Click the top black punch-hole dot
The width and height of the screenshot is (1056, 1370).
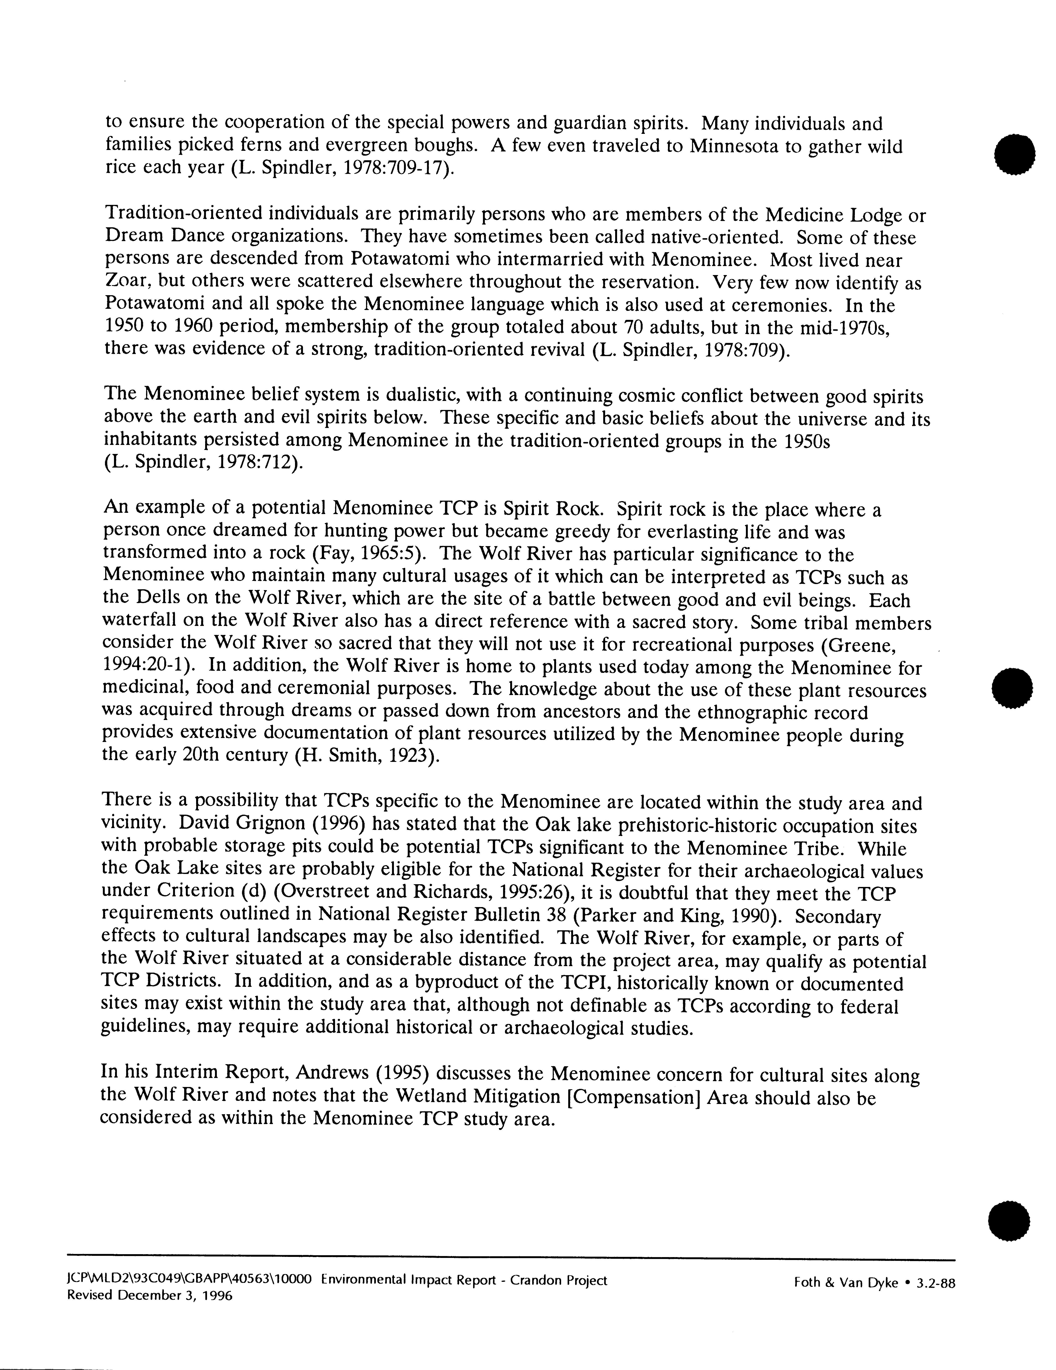(1014, 154)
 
